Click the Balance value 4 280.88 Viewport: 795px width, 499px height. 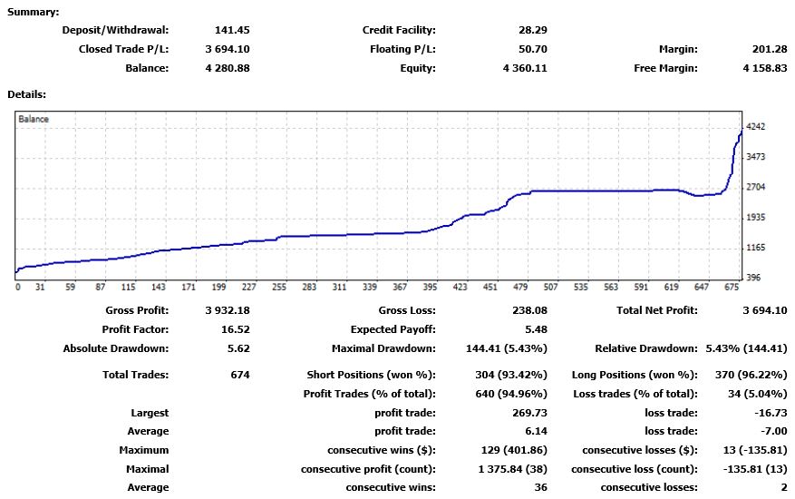228,68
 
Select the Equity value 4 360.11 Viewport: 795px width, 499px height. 525,68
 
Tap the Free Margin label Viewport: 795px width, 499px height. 665,68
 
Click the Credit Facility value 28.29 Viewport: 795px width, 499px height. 533,30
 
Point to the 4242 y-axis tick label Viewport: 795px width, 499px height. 755,127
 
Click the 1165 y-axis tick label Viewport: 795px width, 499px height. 755,248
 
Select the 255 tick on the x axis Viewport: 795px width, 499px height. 279,288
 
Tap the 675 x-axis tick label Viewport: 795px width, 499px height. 732,288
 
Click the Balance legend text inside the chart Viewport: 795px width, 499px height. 34,119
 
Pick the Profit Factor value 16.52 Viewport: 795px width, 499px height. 236,329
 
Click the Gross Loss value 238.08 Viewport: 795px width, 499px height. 529,310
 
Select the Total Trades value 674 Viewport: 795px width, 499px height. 240,375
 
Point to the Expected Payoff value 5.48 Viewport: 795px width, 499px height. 536,329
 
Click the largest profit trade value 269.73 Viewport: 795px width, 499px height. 529,413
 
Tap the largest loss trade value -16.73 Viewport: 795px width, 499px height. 771,413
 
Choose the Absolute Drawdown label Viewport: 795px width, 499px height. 116,348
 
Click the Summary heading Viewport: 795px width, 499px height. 33,12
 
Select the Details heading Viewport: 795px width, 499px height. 26,94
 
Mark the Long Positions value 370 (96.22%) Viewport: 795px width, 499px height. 751,375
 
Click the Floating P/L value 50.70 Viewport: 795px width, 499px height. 532,49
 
